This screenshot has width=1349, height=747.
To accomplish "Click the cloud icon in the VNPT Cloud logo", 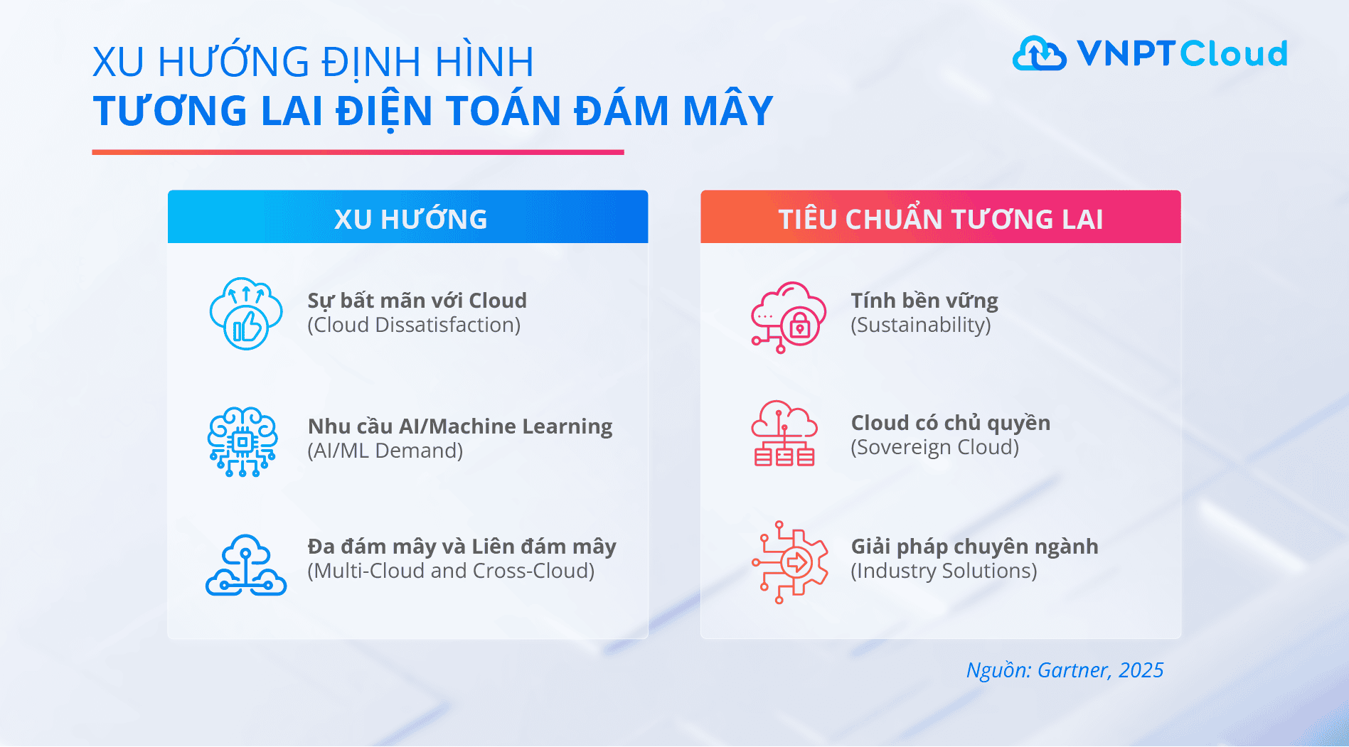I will [1039, 53].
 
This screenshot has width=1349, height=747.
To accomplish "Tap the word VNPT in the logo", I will [1126, 53].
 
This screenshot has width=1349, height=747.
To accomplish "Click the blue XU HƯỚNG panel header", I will [407, 217].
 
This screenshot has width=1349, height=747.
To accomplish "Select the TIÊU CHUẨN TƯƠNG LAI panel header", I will [940, 217].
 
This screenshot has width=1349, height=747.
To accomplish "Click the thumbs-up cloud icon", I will [246, 313].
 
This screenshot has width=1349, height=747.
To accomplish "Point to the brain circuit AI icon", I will [242, 441].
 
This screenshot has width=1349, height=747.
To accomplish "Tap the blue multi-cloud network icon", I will [246, 566].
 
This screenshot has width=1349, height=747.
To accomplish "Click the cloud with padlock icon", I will [789, 317].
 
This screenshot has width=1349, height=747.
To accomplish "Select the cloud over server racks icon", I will [784, 434].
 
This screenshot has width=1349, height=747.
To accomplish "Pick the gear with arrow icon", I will [790, 562].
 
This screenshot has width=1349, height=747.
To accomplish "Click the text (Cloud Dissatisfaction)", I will [414, 326].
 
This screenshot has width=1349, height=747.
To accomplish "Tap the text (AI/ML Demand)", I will [385, 451].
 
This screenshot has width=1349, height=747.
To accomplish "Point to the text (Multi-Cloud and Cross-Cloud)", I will [451, 571].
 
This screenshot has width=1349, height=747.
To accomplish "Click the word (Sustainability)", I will [920, 326].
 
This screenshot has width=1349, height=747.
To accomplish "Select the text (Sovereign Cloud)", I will [934, 448].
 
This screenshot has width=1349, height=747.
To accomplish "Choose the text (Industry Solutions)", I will [944, 571].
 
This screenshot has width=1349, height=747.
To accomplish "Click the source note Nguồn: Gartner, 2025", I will [1065, 670].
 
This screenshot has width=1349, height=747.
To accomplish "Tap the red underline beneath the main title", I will [358, 152].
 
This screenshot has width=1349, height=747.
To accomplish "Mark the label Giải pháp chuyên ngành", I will [974, 547].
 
